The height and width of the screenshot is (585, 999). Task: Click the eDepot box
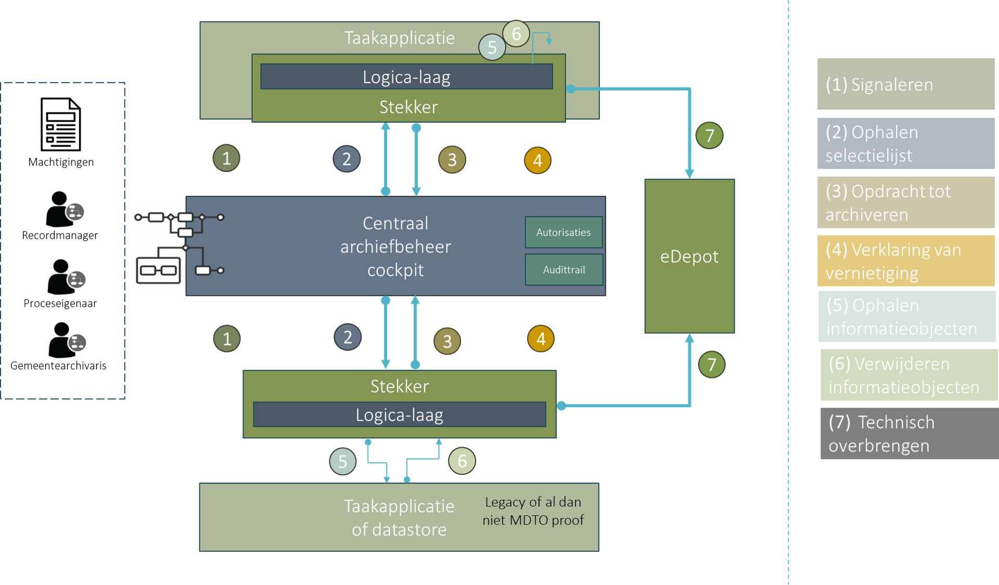coord(689,256)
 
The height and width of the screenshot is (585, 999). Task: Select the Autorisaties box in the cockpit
coord(563,232)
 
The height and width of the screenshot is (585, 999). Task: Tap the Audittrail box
coord(564,270)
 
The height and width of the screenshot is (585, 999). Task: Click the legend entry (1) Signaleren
coord(905,84)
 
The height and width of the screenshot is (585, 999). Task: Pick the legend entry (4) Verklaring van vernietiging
coord(905,261)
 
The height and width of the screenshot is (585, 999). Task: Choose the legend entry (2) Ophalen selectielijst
coord(905,144)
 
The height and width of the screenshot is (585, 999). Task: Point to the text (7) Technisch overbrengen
coord(881,434)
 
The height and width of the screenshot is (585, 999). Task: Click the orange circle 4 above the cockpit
coord(537,160)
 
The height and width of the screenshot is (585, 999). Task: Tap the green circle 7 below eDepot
coord(711,365)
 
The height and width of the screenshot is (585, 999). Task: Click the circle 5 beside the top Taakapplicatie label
coord(492,47)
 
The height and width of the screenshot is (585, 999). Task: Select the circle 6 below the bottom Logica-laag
coord(462,461)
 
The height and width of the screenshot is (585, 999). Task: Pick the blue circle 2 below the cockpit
coord(348,337)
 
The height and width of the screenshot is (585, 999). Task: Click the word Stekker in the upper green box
coord(408,107)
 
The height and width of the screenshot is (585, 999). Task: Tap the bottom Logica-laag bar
coord(399,415)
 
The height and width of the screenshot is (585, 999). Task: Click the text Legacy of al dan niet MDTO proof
coord(533,511)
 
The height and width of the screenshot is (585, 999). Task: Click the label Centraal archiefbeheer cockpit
coord(395,246)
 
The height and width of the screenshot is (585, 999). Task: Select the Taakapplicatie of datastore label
coord(399,517)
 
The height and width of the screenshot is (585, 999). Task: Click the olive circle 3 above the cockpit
coord(452,160)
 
